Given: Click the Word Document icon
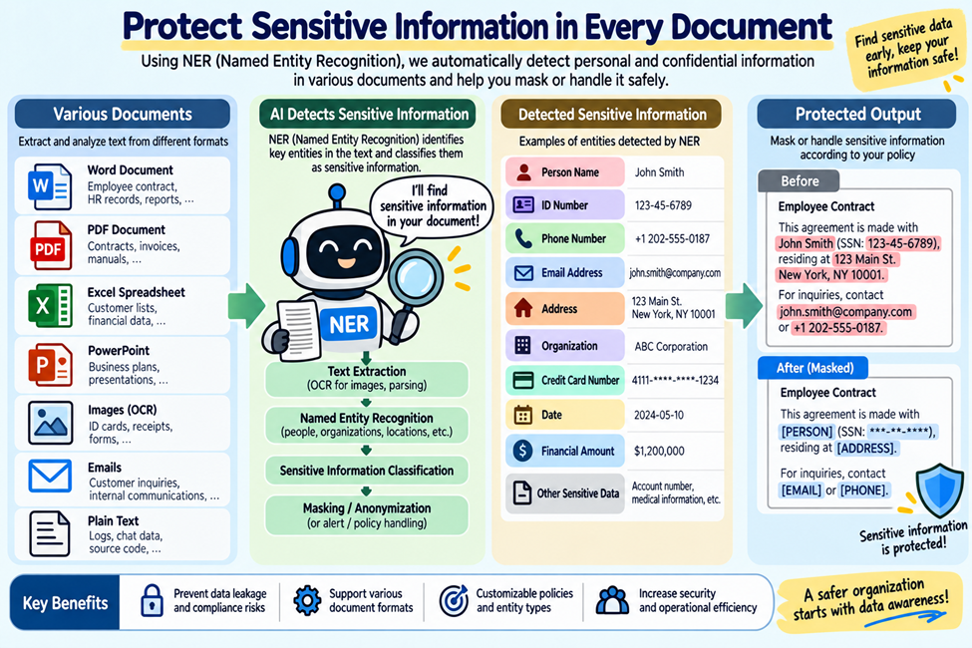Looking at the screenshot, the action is pyautogui.click(x=50, y=186).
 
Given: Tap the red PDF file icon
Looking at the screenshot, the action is pyautogui.click(x=50, y=245).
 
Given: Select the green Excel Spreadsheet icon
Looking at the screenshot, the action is pyautogui.click(x=50, y=305).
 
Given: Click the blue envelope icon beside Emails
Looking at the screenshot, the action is pyautogui.click(x=50, y=477).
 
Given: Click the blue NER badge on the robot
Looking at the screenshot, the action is pyautogui.click(x=348, y=324).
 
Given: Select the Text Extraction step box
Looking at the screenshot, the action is pyautogui.click(x=366, y=378).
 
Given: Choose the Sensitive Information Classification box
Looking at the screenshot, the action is pyautogui.click(x=366, y=471).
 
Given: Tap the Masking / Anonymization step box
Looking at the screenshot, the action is pyautogui.click(x=366, y=515).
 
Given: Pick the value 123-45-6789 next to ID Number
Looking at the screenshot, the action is pyautogui.click(x=663, y=205).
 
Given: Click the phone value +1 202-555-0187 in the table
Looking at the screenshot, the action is pyautogui.click(x=672, y=238).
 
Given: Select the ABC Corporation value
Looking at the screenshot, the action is pyautogui.click(x=671, y=347).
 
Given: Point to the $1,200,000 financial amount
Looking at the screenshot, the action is pyautogui.click(x=659, y=452).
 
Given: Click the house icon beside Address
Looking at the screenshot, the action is pyautogui.click(x=523, y=308).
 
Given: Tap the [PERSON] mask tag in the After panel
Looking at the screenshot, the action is pyautogui.click(x=807, y=432).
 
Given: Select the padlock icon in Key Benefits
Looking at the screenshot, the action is pyautogui.click(x=152, y=600).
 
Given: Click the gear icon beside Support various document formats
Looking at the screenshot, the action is pyautogui.click(x=307, y=600).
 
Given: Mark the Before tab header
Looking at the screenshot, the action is pyautogui.click(x=800, y=181).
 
